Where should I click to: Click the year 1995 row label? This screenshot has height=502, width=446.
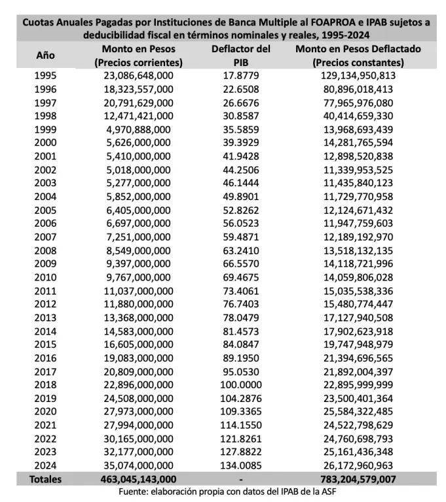tap(45, 75)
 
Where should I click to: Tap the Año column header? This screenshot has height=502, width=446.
tap(45, 56)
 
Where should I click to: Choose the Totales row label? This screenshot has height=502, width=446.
tap(45, 479)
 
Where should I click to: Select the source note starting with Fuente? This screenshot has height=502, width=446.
tap(223, 492)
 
